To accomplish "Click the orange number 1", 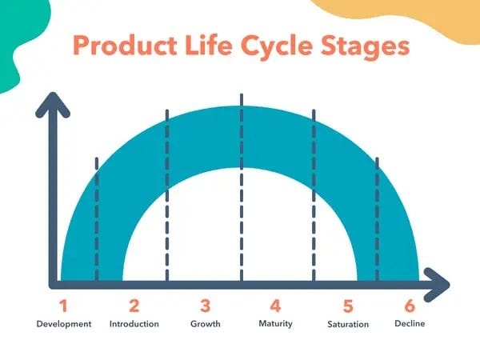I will click(x=64, y=306).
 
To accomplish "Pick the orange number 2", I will click(x=134, y=306).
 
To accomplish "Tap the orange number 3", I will click(x=206, y=306).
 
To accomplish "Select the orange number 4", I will click(x=275, y=306).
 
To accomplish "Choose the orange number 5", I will click(x=348, y=306).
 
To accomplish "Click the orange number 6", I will click(x=410, y=306).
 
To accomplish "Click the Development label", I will click(x=64, y=324).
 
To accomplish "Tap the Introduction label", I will click(x=134, y=324).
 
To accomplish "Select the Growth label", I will click(x=206, y=324).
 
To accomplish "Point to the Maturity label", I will click(x=275, y=324).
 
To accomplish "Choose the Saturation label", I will click(x=348, y=324).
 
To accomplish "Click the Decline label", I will click(x=410, y=324).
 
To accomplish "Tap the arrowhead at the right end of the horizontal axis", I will click(x=438, y=283).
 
